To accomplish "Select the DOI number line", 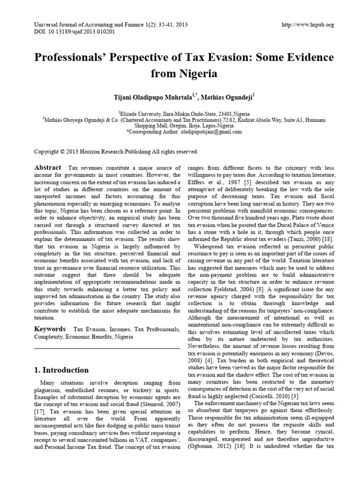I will coord(75,32).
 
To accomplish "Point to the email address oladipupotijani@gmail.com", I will coord(212,132).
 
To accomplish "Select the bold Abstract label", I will coord(48,168).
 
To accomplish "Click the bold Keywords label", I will coord(49,329).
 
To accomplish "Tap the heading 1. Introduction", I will coord(61,370).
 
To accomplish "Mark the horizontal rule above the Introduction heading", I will coord(107,348).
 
